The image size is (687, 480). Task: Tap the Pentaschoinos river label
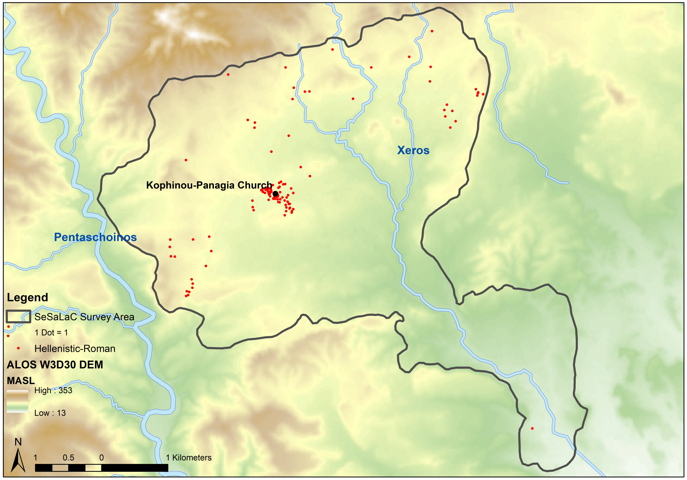point(95,237)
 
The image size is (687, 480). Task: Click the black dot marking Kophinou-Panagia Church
point(275,194)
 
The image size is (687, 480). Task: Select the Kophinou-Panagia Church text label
point(209,185)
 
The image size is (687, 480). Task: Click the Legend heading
point(27,298)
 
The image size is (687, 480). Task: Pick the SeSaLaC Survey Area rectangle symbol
point(18,316)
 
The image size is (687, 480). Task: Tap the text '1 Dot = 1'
point(51,332)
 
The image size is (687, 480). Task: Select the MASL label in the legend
point(21,381)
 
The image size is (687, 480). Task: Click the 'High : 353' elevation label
point(53,391)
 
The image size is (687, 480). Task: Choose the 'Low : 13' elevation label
point(50,413)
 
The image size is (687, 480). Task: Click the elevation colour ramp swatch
point(18,401)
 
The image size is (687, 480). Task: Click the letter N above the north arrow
point(18,442)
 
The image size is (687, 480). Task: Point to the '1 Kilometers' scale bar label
point(189,458)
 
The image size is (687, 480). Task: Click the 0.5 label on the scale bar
point(68,458)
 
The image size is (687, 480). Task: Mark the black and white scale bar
point(101,468)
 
